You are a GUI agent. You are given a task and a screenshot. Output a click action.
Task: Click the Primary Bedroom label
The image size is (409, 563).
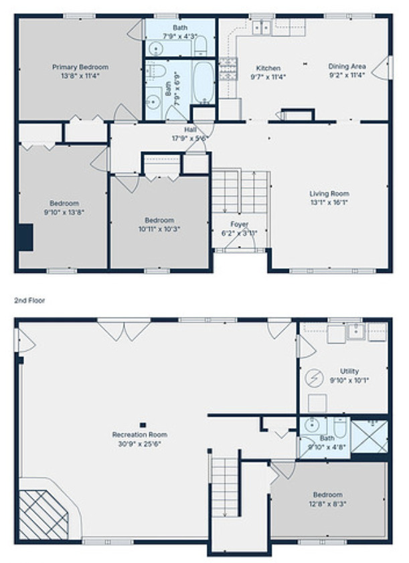click(x=80, y=67)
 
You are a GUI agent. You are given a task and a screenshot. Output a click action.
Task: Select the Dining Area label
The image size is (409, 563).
click(x=347, y=66)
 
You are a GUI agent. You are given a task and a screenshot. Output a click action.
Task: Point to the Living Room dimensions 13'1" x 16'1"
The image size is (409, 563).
click(x=329, y=201)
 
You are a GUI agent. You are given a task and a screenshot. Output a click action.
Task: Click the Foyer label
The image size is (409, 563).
click(x=240, y=224)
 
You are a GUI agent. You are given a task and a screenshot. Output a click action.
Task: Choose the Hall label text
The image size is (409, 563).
click(x=191, y=130)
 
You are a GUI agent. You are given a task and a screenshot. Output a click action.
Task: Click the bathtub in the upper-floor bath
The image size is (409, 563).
click(x=203, y=82)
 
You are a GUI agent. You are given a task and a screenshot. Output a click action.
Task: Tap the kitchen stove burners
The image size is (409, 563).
click(x=228, y=65)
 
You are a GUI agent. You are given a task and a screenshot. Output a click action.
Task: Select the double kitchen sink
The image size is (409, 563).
click(x=261, y=27)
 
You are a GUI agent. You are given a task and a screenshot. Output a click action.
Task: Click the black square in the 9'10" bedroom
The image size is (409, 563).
click(x=25, y=237)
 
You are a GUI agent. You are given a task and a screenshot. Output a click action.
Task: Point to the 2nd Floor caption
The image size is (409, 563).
click(x=29, y=301)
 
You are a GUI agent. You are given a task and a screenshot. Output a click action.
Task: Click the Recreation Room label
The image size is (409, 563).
click(x=139, y=435)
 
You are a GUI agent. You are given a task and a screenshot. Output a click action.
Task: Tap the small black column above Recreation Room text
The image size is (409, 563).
click(x=143, y=424)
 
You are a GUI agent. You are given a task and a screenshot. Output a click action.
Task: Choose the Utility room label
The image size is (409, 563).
click(x=349, y=371)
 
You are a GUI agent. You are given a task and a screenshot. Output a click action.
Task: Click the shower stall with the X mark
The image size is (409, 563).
click(x=370, y=435)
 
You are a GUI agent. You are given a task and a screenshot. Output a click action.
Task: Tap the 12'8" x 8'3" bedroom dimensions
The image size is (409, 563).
click(x=328, y=503)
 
